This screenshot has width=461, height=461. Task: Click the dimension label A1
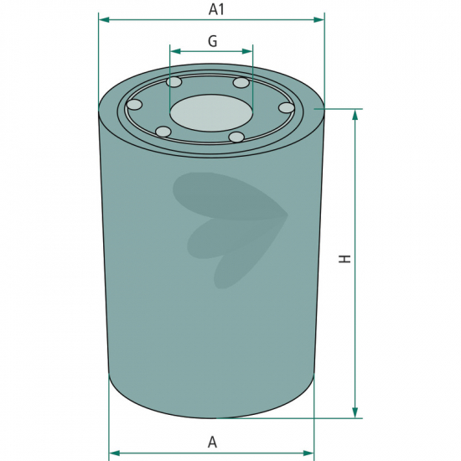coord(216,9)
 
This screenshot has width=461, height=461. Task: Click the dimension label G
coord(212,41)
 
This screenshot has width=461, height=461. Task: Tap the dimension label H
coord(344,259)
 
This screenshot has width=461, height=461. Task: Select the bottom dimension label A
coord(212,442)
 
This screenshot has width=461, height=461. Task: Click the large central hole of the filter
coord(211,113)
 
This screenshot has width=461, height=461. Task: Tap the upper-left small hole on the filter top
coord(174,82)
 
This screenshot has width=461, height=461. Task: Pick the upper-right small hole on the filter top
coord(241,82)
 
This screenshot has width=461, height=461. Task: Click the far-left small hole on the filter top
coord(134,105)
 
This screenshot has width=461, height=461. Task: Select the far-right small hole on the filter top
coord(287,107)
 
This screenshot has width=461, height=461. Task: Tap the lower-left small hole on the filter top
coord(163,132)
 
